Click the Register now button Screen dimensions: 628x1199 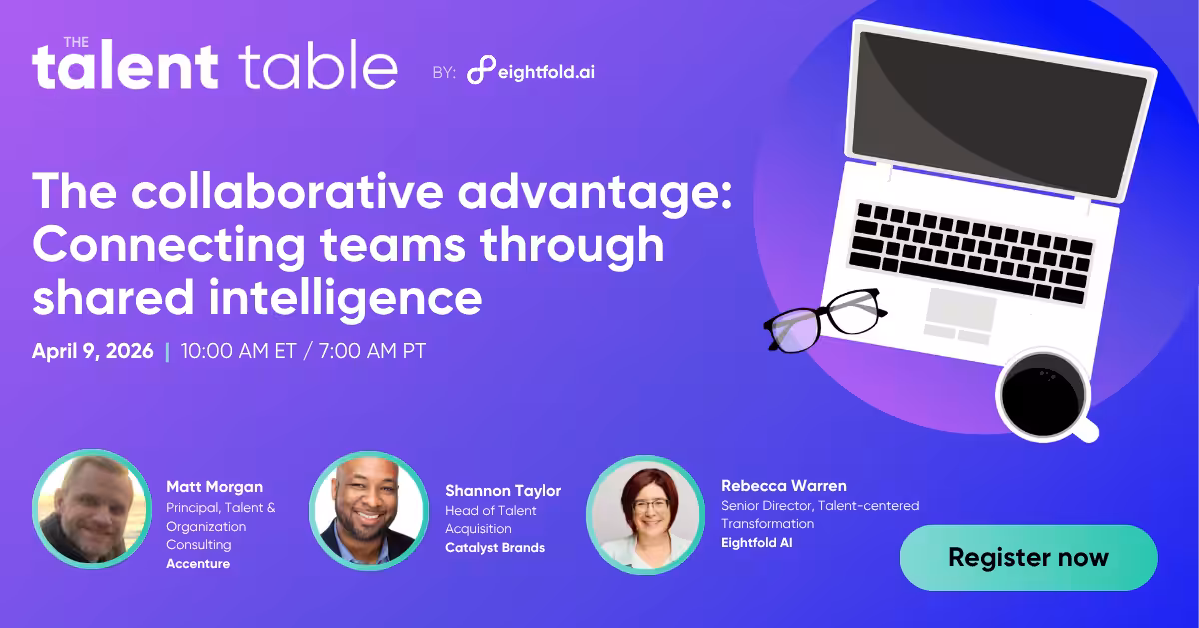[1028, 557]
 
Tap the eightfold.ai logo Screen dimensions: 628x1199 [531, 71]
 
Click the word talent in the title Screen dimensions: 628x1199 [125, 67]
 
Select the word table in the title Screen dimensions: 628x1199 [318, 67]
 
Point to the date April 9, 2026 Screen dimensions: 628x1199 [93, 352]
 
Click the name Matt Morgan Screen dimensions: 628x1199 [215, 487]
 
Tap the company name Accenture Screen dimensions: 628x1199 [198, 564]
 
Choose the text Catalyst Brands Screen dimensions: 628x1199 [495, 548]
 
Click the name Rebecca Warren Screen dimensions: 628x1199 [784, 486]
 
